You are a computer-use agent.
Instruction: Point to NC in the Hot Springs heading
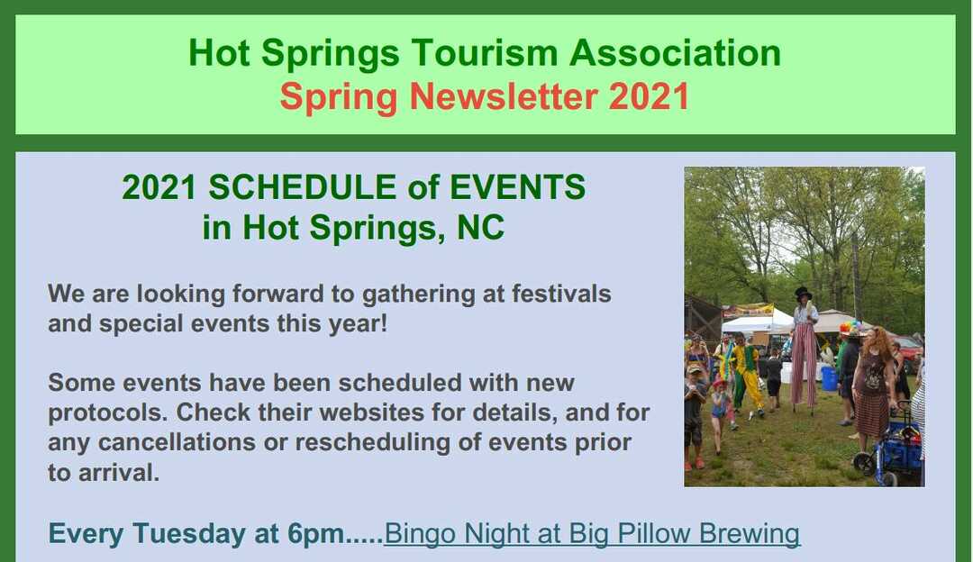coord(480,228)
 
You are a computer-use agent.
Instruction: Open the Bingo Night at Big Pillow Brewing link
coord(591,534)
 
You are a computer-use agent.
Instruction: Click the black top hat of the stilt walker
coord(803,294)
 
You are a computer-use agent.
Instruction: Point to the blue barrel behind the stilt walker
coord(829,377)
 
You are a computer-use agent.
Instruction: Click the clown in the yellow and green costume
coord(747,374)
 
